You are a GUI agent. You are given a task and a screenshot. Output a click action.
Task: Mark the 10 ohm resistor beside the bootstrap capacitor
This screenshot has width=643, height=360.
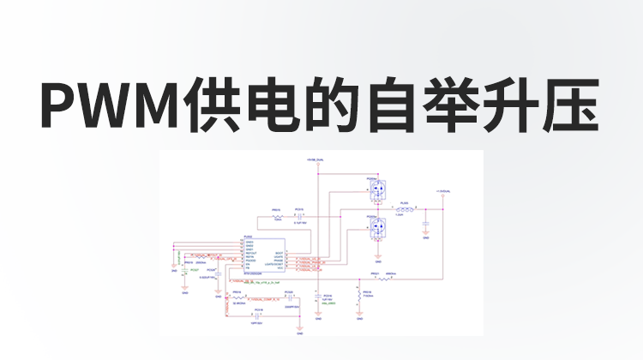tap(277, 216)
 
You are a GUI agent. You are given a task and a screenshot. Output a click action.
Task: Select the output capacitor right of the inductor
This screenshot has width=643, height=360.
tap(425, 223)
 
